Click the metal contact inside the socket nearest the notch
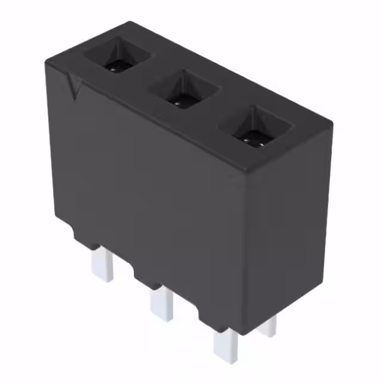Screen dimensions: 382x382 pos(113,67)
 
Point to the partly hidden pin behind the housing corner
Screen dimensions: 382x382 pos(269,325)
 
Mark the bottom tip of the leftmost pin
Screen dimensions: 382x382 pos(102,279)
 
